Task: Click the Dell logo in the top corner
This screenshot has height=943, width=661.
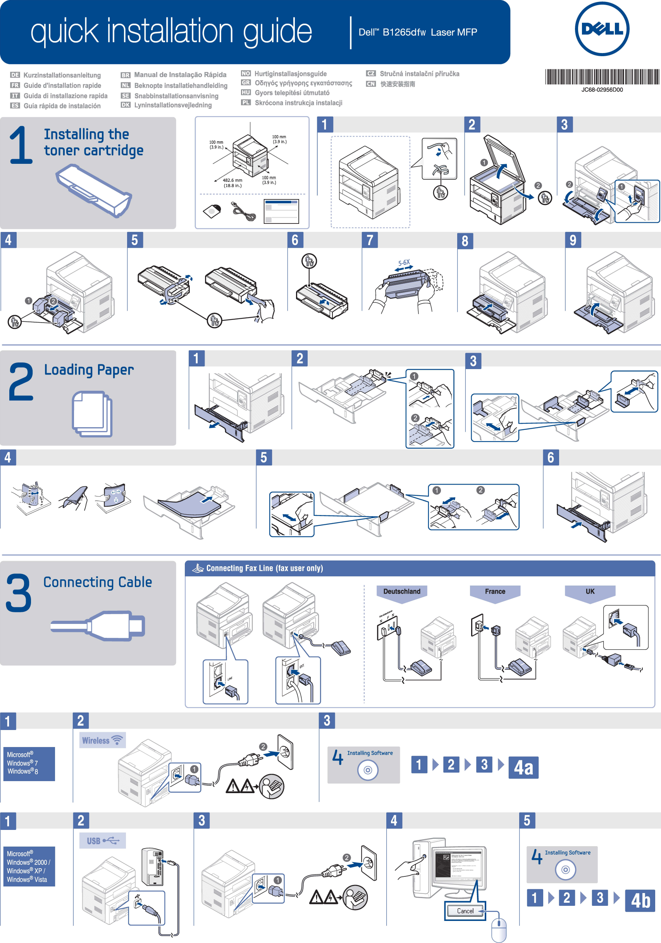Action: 602,29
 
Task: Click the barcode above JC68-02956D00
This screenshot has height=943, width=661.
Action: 602,77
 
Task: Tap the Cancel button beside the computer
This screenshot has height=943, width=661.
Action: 465,910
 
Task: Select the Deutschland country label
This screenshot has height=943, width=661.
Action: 402,591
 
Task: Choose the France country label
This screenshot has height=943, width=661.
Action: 495,591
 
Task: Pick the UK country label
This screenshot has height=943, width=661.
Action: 590,591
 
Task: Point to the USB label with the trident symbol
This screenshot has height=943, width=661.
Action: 103,841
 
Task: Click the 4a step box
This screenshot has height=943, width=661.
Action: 523,767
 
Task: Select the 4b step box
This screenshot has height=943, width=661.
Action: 640,900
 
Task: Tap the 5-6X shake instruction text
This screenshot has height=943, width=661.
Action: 404,263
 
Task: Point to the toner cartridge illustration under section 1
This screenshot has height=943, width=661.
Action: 94,190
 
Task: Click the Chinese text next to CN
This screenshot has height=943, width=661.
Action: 397,84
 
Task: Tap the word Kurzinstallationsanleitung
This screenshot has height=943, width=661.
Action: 62,75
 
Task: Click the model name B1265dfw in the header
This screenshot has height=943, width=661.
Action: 404,33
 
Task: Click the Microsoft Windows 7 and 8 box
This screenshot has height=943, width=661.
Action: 28,763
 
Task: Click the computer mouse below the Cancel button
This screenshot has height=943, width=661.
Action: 499,929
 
